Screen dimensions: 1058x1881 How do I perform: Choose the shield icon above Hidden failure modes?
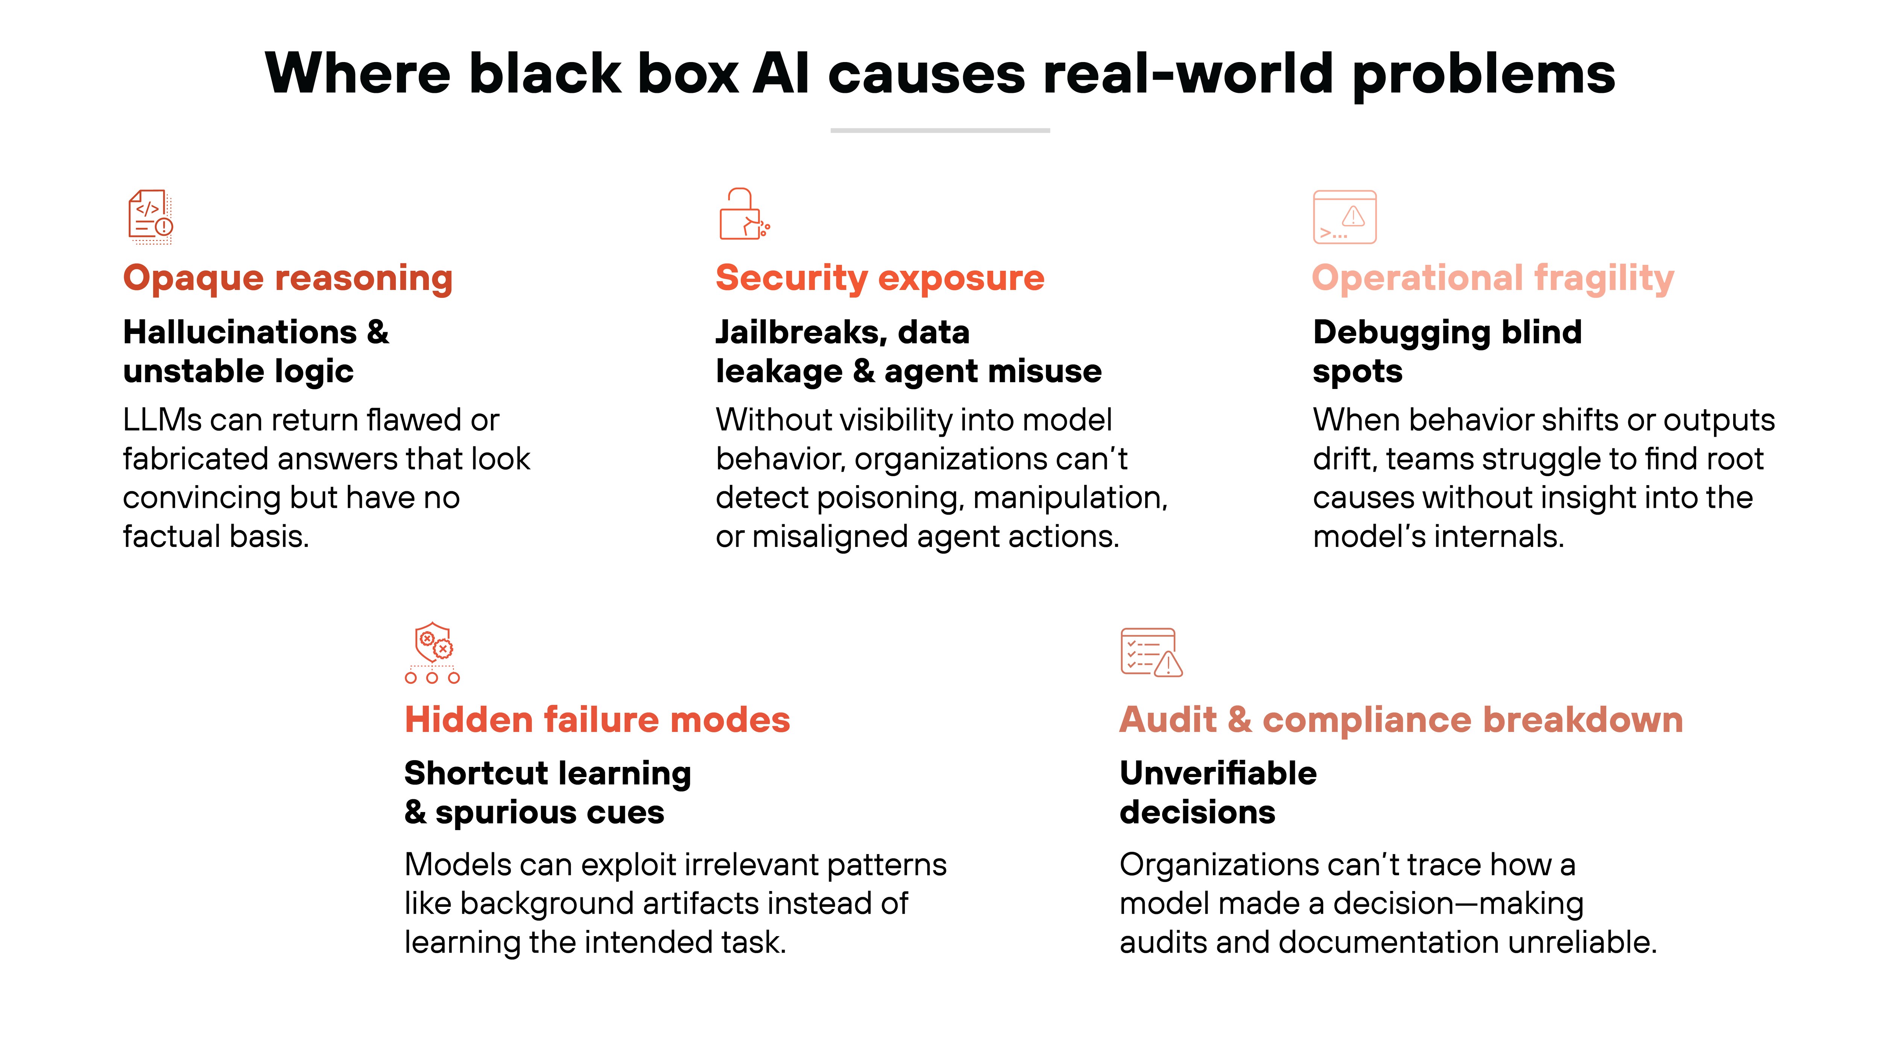click(432, 652)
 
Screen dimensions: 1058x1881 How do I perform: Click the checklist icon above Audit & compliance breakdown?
click(1151, 652)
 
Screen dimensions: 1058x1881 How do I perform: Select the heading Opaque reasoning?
click(288, 278)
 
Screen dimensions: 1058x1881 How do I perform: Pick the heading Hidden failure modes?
click(597, 720)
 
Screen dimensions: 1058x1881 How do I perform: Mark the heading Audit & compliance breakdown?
click(1401, 720)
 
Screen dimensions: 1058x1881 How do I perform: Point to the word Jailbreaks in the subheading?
click(800, 333)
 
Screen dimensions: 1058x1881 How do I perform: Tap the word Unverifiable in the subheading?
click(1218, 773)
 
